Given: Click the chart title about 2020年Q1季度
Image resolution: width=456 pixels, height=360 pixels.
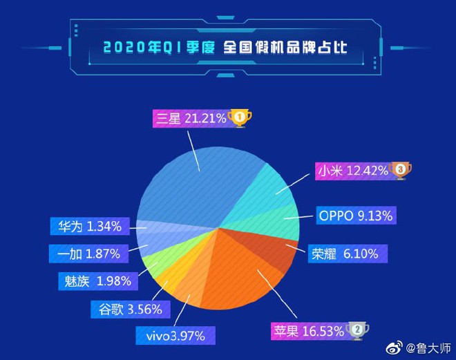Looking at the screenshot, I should pyautogui.click(x=225, y=48).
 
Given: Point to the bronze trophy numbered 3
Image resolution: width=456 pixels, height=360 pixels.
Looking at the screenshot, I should pyautogui.click(x=399, y=170).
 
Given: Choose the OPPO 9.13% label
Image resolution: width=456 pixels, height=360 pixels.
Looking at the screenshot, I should pyautogui.click(x=356, y=216).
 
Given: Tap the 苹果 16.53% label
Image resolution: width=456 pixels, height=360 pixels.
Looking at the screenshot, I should pyautogui.click(x=310, y=331).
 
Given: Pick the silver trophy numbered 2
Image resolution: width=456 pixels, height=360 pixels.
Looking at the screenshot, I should pyautogui.click(x=357, y=331).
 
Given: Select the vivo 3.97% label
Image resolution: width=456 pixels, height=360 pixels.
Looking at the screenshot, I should pyautogui.click(x=175, y=336).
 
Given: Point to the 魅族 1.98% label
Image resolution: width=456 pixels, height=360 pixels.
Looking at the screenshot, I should pyautogui.click(x=93, y=281).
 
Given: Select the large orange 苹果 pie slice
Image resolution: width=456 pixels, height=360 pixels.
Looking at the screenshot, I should pyautogui.click(x=235, y=276).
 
